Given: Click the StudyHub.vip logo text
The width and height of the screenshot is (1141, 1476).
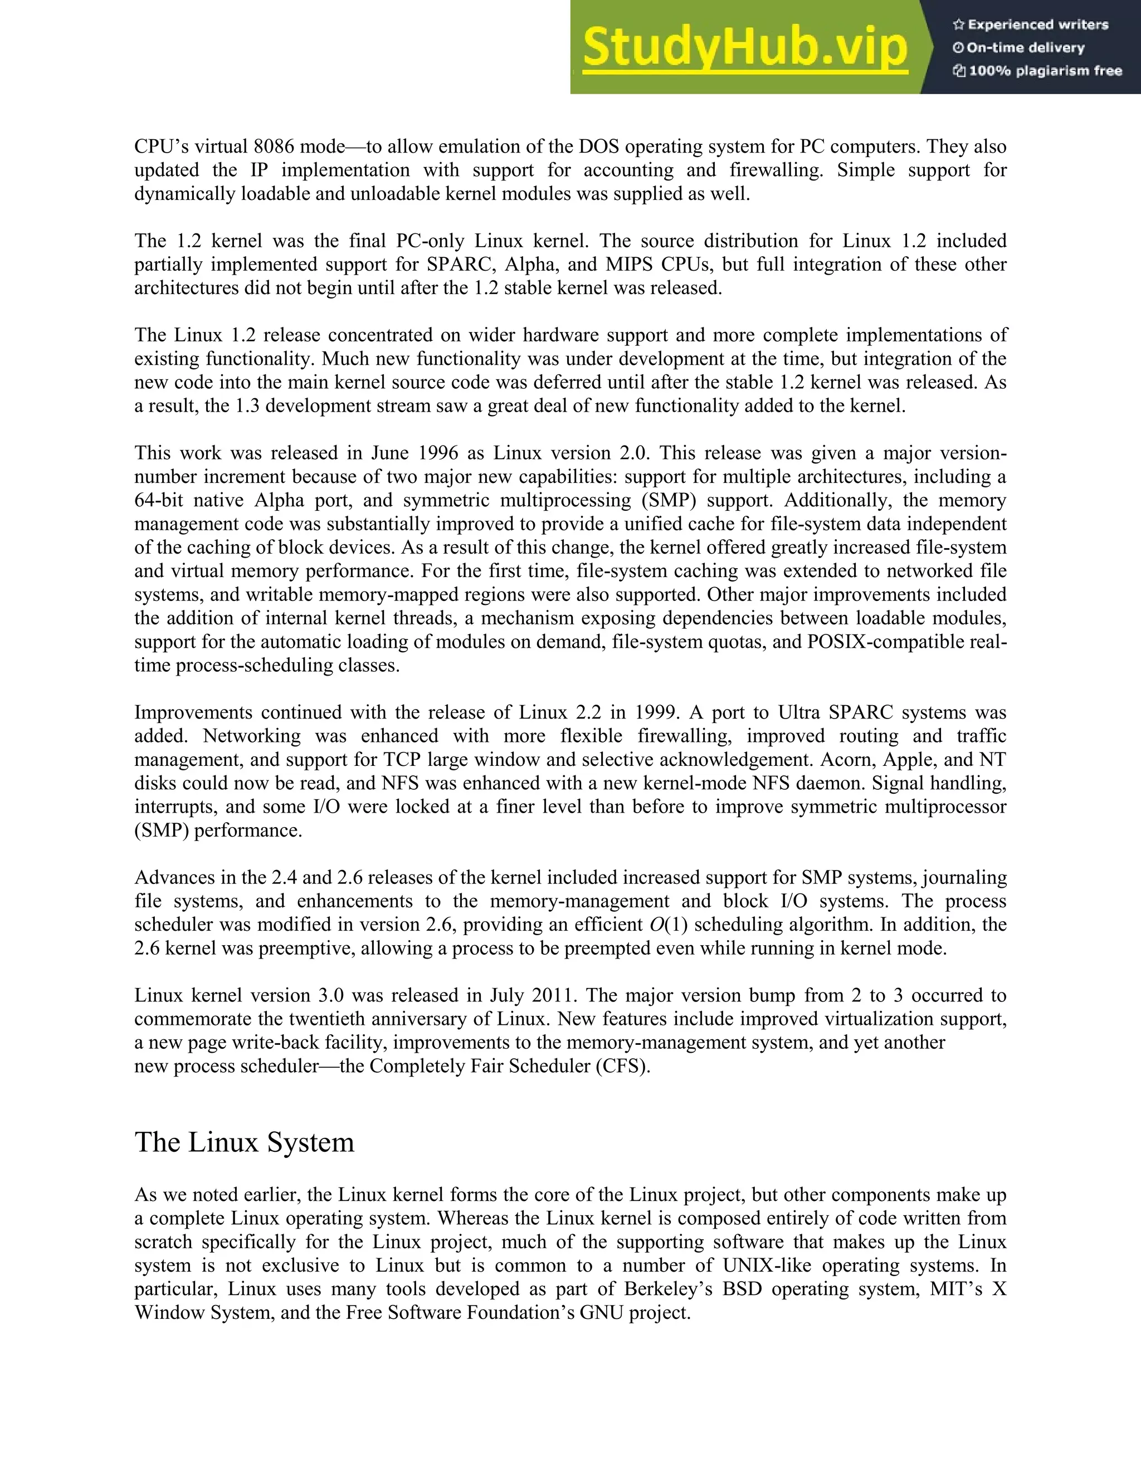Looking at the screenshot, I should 744,47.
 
